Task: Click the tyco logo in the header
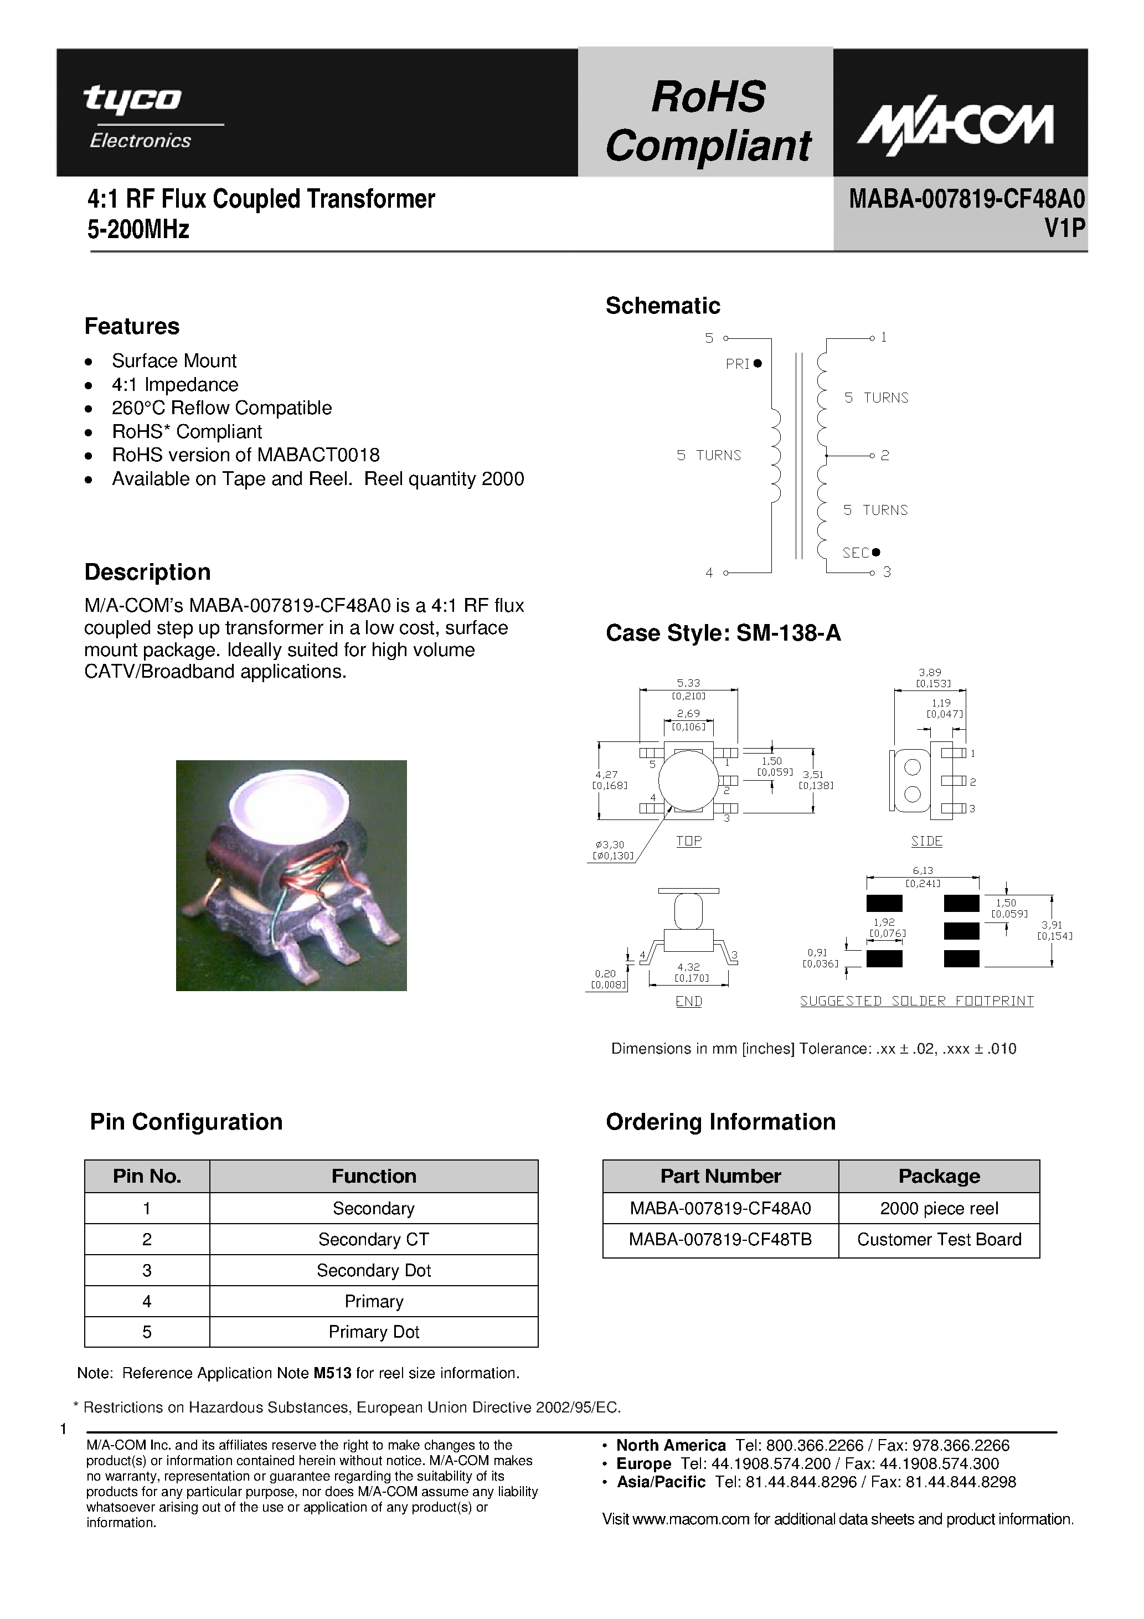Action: (x=132, y=100)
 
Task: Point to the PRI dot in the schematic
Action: (x=758, y=363)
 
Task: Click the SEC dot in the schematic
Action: (x=876, y=552)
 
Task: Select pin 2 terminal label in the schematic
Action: (x=884, y=456)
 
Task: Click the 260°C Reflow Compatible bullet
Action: (x=221, y=408)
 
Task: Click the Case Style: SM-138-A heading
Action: (x=723, y=633)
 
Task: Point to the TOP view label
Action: (x=688, y=841)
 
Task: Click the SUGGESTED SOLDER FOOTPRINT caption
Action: (x=916, y=1001)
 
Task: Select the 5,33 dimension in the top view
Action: (x=688, y=683)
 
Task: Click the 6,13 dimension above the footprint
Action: (x=923, y=871)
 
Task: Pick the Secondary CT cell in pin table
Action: (x=373, y=1239)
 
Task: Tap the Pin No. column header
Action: (x=147, y=1175)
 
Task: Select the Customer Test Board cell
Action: (x=939, y=1239)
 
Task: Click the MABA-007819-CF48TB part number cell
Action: (x=720, y=1239)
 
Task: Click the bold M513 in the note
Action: (x=332, y=1373)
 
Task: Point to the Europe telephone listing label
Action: (x=643, y=1463)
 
